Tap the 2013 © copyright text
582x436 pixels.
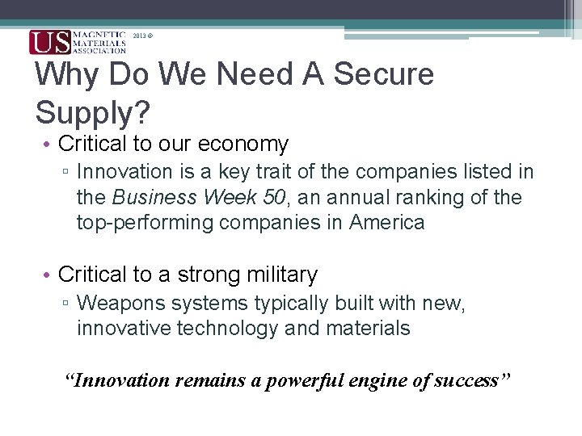[143, 36]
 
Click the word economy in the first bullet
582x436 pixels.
[250, 145]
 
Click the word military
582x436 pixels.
[277, 275]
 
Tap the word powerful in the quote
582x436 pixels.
[292, 380]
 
